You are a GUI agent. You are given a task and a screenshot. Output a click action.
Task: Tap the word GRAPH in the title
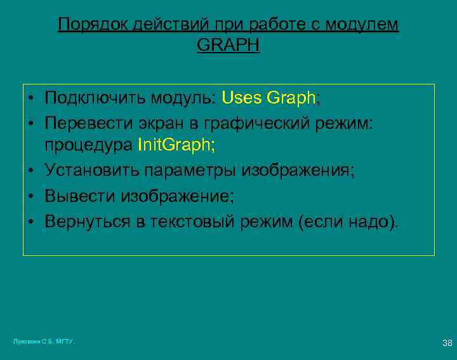[228, 46]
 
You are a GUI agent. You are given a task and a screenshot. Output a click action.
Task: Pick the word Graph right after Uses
[291, 98]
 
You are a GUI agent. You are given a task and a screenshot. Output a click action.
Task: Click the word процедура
[88, 145]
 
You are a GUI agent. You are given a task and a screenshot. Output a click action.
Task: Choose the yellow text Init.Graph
[176, 145]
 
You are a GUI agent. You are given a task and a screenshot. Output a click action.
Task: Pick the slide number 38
[447, 343]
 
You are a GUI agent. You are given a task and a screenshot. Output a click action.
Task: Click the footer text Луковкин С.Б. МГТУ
[44, 342]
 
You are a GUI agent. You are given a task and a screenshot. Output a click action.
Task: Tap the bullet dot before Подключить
[30, 99]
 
